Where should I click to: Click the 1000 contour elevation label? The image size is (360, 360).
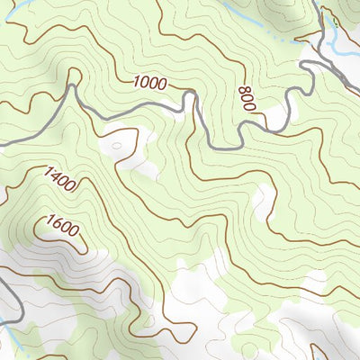point(149,83)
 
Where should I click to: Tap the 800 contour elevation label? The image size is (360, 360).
point(247,98)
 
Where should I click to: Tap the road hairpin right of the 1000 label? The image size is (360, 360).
point(191,97)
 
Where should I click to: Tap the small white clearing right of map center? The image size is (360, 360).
point(261,202)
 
